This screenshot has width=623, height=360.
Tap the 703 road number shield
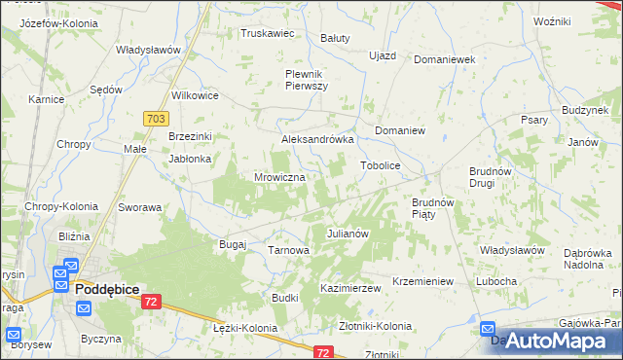coord(155,118)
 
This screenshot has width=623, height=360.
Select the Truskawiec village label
coord(268,33)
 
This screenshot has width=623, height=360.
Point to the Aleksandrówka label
coord(316,139)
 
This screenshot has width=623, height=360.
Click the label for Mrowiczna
coord(280,178)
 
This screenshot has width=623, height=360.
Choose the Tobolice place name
coord(381,165)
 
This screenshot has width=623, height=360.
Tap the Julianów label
coord(346,234)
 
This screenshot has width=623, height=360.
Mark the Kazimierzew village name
coord(349,289)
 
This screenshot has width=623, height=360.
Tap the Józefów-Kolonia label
coord(51,22)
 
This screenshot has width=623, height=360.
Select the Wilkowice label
coord(195,95)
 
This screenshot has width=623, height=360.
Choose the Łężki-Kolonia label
coord(244,328)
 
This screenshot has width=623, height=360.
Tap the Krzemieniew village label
coord(422,281)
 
